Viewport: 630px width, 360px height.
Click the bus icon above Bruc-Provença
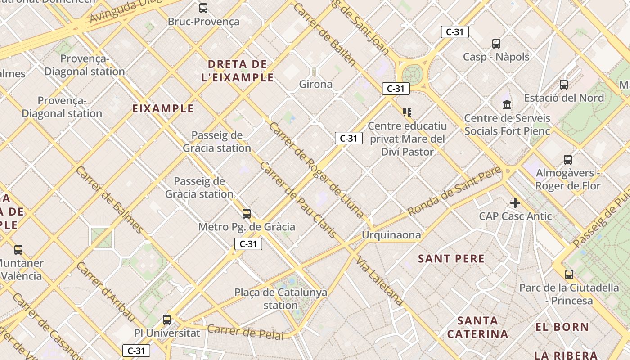click(x=203, y=8)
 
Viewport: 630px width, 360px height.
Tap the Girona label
click(x=316, y=84)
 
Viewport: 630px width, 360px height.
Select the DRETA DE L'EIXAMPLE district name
click(x=238, y=71)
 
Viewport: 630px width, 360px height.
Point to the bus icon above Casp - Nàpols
click(x=496, y=44)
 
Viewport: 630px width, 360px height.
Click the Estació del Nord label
click(x=564, y=98)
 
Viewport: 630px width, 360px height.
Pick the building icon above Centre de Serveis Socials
click(x=507, y=104)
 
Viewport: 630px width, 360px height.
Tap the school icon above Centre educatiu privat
click(x=407, y=112)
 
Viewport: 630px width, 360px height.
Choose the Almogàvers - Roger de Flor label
click(x=568, y=179)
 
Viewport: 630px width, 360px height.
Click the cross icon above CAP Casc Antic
click(x=515, y=203)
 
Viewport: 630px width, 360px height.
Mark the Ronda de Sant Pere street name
click(x=454, y=191)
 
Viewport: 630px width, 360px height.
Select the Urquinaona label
click(x=391, y=235)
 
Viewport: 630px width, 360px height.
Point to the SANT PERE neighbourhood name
click(x=451, y=259)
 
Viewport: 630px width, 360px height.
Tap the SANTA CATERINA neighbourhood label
click(x=477, y=328)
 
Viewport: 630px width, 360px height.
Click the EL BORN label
click(x=562, y=327)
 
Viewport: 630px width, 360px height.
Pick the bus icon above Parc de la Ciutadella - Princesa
click(x=569, y=274)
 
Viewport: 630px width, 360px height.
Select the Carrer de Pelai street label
click(x=245, y=332)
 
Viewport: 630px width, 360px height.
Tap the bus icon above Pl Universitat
click(x=167, y=320)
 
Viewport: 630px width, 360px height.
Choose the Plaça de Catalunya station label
click(x=281, y=299)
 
